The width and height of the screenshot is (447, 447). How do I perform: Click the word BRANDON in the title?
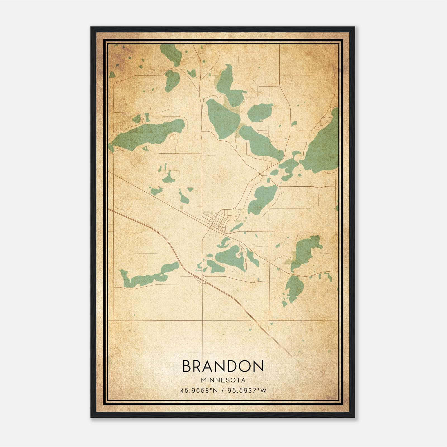point(223,366)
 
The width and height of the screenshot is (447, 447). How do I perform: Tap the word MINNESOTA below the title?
point(223,380)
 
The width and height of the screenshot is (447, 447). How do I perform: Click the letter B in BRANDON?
point(187,366)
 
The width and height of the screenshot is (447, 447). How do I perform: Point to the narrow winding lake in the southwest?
point(148,275)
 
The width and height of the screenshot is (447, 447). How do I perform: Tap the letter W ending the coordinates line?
point(263,390)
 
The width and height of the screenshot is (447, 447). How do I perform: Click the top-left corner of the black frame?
point(91,27)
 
